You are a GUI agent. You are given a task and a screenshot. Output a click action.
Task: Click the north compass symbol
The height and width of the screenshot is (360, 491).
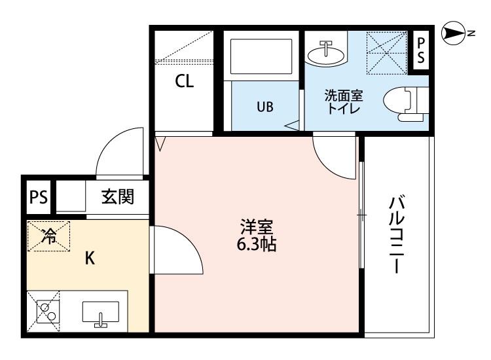pos(454,33)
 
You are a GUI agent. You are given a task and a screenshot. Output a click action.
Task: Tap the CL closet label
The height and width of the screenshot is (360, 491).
pos(184,81)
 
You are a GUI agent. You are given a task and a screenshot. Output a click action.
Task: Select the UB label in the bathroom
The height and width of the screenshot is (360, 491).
pos(265,107)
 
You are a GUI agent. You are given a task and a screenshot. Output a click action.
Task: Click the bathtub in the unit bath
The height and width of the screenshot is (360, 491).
pos(261,56)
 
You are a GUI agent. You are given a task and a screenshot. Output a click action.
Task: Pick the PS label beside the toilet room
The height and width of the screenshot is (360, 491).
pos(421,50)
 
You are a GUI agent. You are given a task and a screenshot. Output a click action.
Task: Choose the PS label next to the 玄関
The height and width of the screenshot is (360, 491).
pos(38,198)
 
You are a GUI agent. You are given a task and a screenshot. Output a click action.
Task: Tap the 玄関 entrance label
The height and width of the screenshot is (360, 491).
pos(117,196)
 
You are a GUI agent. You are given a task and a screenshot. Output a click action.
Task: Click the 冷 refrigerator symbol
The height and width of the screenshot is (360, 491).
pos(49,236)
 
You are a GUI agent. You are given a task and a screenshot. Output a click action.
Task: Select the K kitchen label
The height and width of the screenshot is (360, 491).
pos(90,259)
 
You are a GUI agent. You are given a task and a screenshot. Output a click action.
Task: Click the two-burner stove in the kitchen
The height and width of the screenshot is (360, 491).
pos(48,312)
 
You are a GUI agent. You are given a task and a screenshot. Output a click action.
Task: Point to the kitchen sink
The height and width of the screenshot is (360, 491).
pos(101,312)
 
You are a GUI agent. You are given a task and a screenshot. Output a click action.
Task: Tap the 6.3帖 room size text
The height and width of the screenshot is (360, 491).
pos(256,245)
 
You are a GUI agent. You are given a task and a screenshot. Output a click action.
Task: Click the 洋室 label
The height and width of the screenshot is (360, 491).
pos(256,227)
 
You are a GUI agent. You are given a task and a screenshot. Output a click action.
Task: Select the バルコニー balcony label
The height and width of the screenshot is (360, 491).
pos(397,234)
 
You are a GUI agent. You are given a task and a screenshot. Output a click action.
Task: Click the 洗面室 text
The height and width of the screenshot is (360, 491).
pos(343,96)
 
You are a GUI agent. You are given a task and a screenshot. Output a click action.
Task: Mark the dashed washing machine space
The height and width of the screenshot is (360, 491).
pos(387,53)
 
